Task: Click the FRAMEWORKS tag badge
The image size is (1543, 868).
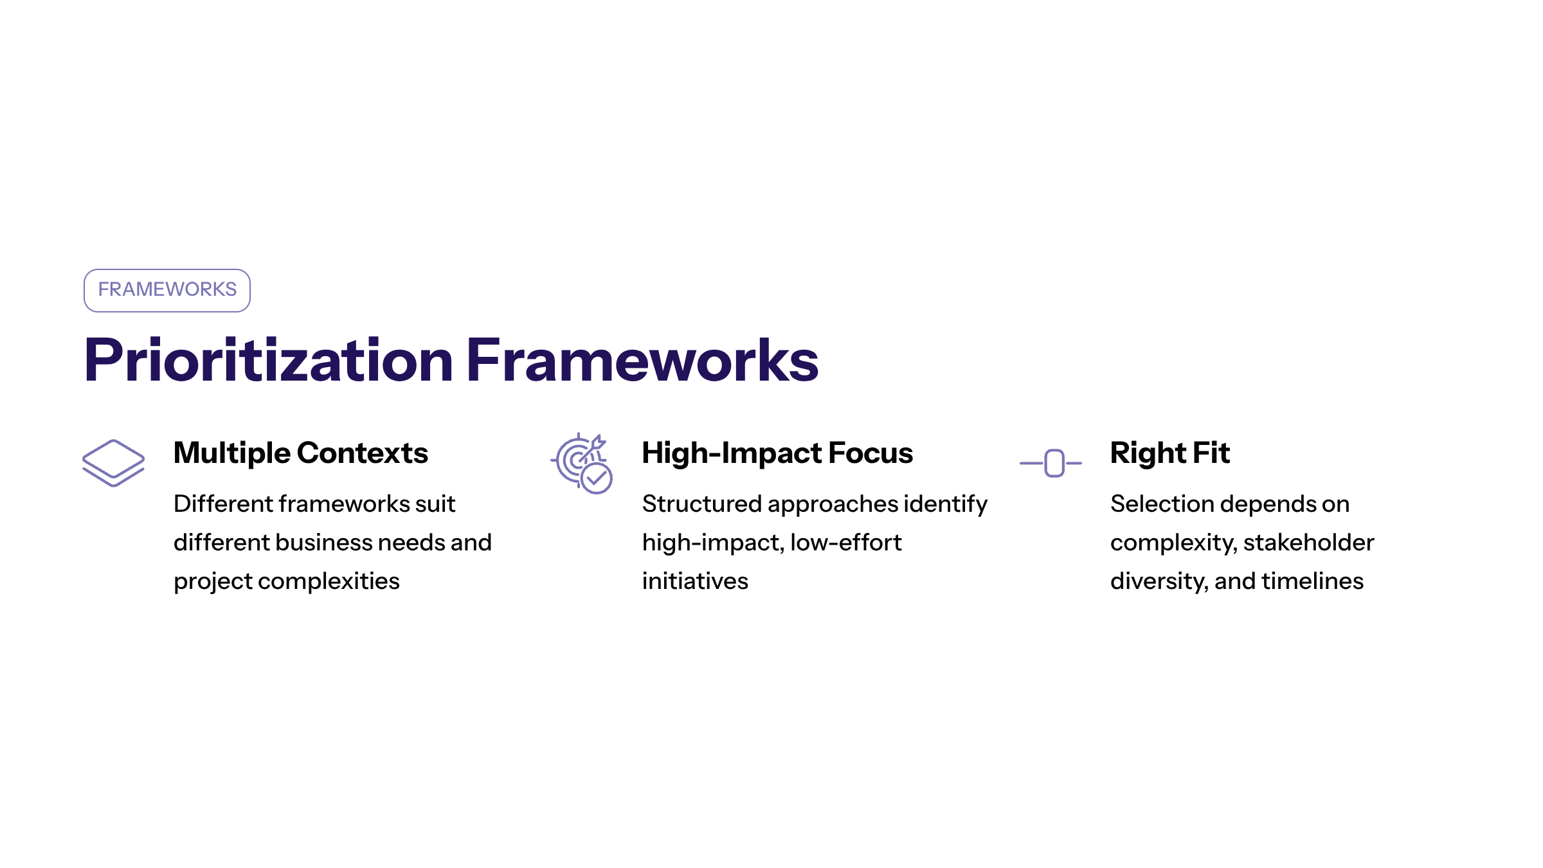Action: pos(167,290)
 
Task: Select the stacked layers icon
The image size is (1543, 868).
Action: pos(113,462)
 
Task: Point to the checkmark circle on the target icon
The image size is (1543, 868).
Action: pos(597,478)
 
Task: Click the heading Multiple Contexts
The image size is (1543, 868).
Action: pos(300,453)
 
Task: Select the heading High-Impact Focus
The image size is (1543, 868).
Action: pos(777,453)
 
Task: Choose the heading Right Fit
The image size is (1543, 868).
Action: pos(1169,453)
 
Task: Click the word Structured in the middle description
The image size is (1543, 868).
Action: pos(701,504)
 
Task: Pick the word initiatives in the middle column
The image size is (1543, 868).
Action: pos(695,581)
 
